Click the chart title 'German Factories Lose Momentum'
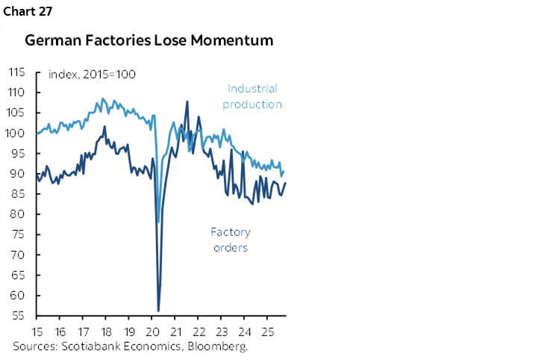tap(149, 40)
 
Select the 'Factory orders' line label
tap(230, 240)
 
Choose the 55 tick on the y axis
tap(18, 315)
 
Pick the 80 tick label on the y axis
tap(18, 214)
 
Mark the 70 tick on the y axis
tap(18, 255)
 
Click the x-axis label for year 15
tap(37, 331)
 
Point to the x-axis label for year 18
tap(106, 331)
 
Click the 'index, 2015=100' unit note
tap(92, 74)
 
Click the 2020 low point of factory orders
tap(158, 310)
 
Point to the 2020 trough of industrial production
tap(157, 222)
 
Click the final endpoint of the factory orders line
tap(285, 183)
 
